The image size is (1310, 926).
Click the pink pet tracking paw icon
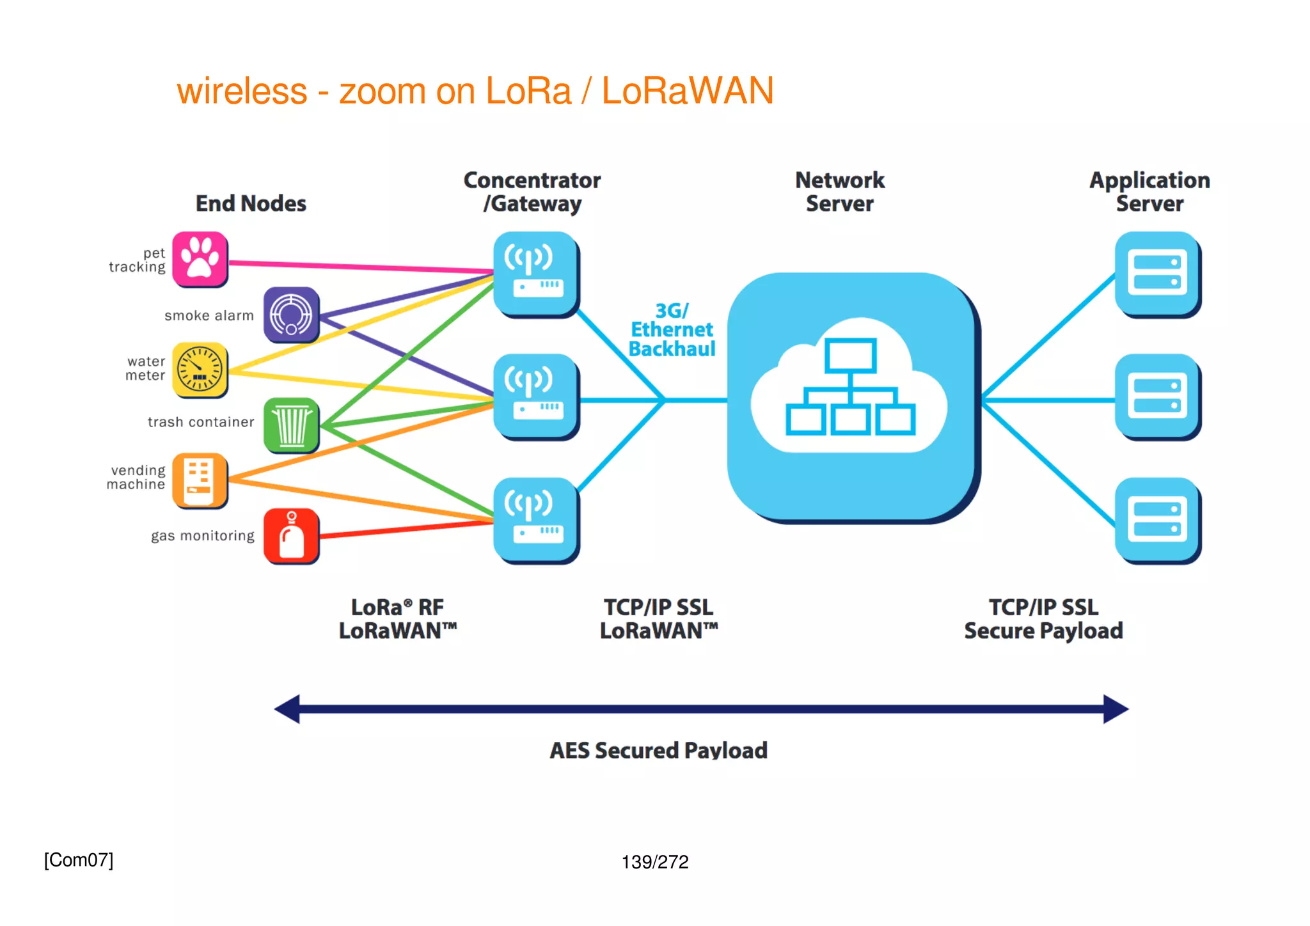click(200, 259)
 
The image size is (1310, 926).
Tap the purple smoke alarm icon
click(291, 314)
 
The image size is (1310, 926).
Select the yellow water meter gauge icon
click(200, 370)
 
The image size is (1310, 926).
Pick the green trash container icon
click(291, 425)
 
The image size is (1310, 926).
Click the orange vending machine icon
click(200, 480)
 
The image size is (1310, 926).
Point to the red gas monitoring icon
click(291, 535)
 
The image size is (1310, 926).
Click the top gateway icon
click(535, 274)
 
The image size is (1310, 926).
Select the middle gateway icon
click(535, 396)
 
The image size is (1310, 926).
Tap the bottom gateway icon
click(535, 519)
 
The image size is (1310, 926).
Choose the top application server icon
click(1156, 273)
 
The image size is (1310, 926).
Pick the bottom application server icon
click(1156, 519)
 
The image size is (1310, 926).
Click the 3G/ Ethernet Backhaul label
click(672, 330)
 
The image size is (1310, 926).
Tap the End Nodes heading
click(251, 203)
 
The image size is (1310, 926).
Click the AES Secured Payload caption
click(658, 750)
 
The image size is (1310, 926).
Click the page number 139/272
click(655, 862)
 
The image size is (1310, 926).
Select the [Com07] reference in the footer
click(79, 860)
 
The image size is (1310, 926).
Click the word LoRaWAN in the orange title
click(688, 91)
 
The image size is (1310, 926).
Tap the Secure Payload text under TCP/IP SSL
click(1043, 631)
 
